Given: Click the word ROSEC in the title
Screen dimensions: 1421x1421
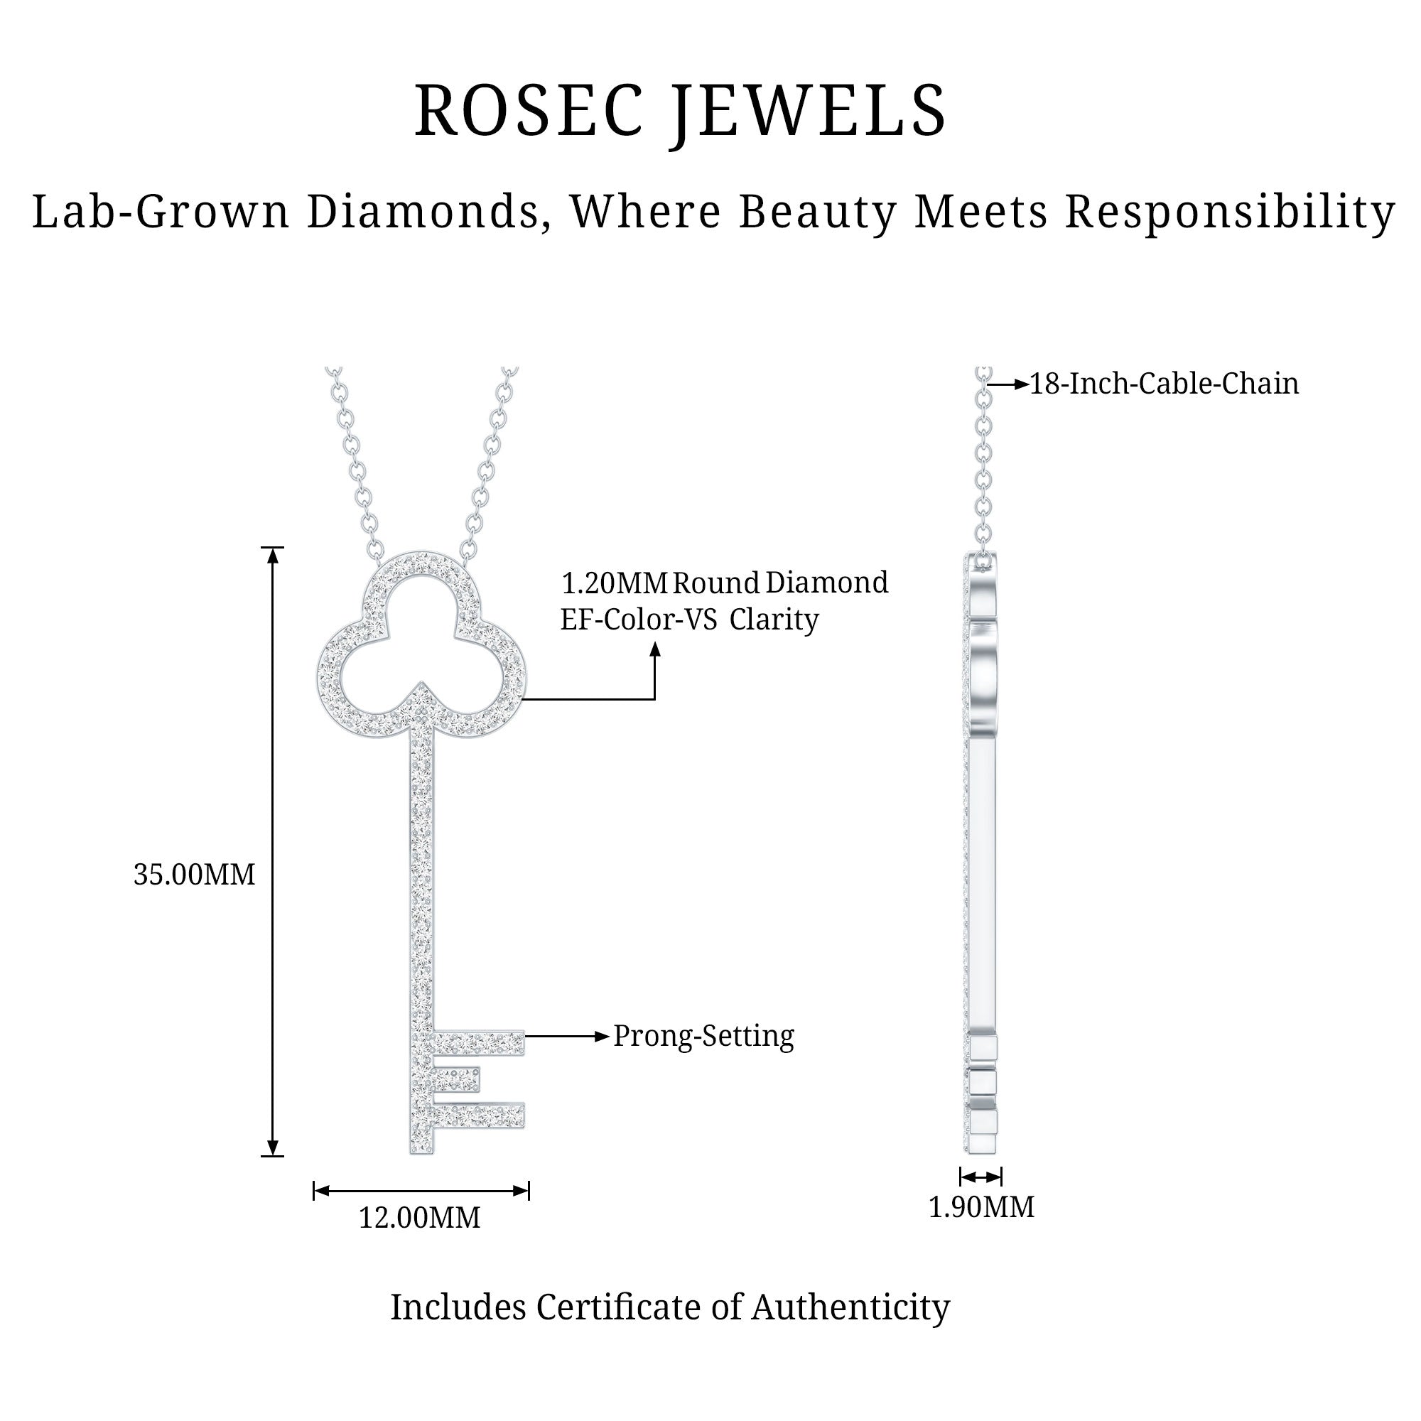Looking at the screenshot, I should pyautogui.click(x=529, y=112).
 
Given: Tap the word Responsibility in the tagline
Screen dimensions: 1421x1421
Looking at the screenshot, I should pyautogui.click(x=1230, y=212).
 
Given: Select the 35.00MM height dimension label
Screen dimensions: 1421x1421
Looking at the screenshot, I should pyautogui.click(x=194, y=875).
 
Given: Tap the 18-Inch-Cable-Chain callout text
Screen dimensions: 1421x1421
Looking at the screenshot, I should pyautogui.click(x=1164, y=384).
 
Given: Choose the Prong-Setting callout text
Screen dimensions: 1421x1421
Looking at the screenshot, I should pyautogui.click(x=704, y=1037).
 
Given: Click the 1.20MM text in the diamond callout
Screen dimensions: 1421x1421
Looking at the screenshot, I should pyautogui.click(x=614, y=583).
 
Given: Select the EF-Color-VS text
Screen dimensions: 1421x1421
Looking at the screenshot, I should pyautogui.click(x=639, y=620).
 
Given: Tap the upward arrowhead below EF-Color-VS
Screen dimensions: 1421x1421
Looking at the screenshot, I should pyautogui.click(x=654, y=649).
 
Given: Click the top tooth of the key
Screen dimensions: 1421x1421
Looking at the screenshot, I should pyautogui.click(x=478, y=1042).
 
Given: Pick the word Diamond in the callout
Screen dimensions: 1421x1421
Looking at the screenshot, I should pyautogui.click(x=827, y=583).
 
